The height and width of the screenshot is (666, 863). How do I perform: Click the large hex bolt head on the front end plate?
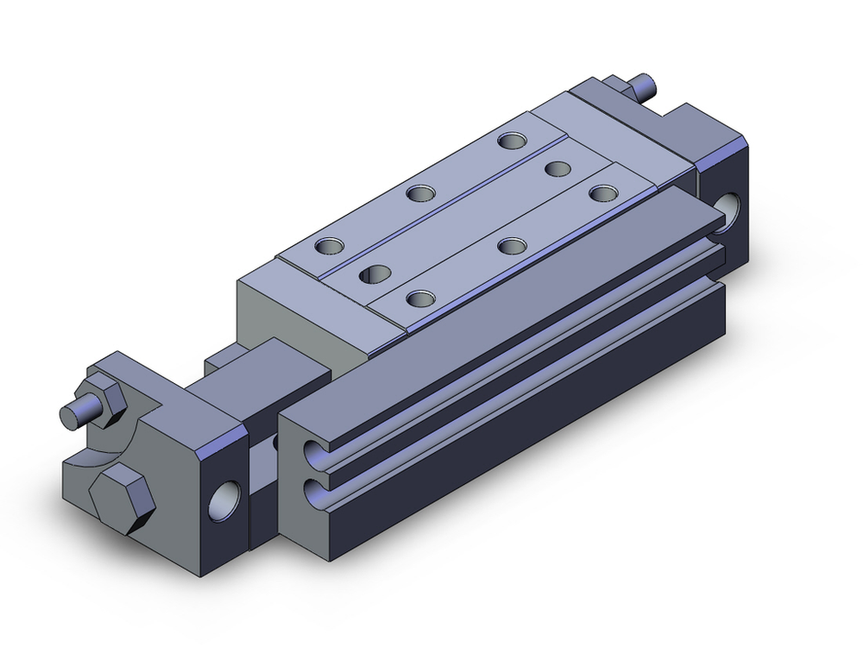click(121, 501)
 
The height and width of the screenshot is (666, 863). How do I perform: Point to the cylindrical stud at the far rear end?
click(643, 87)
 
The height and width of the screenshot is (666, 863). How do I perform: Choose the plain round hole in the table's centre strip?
click(556, 168)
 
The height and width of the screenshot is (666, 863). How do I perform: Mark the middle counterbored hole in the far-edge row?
click(419, 192)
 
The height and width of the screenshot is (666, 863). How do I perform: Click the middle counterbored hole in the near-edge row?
click(512, 245)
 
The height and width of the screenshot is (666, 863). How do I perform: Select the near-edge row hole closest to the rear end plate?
click(602, 192)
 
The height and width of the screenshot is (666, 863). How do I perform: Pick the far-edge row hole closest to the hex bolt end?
click(328, 247)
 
